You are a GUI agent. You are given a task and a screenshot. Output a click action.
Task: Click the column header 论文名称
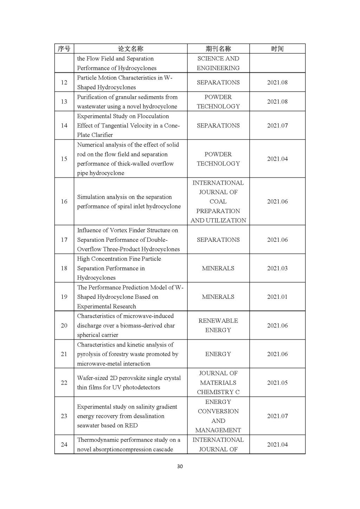130,49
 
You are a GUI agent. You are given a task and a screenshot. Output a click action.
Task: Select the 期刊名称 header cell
218,49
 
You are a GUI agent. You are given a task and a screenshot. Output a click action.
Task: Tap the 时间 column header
277,49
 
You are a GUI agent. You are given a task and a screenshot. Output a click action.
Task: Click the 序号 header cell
64,49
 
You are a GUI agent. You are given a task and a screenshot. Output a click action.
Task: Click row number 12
64,82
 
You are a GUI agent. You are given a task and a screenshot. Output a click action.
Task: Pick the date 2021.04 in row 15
277,159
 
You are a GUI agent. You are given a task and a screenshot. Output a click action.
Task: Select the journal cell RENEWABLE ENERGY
218,325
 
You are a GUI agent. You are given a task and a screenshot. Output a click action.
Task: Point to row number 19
64,297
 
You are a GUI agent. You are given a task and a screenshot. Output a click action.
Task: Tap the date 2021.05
277,382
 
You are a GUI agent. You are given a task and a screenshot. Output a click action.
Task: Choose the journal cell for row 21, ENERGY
218,354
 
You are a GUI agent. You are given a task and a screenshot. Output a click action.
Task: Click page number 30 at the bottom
180,466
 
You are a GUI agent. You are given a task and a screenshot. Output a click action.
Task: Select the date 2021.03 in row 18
277,268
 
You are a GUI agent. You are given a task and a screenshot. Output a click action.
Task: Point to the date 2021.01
277,297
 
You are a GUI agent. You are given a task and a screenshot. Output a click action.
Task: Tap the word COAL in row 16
218,201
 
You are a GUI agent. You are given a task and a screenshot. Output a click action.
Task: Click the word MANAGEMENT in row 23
218,430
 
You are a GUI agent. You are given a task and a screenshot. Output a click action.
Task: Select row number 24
64,445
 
